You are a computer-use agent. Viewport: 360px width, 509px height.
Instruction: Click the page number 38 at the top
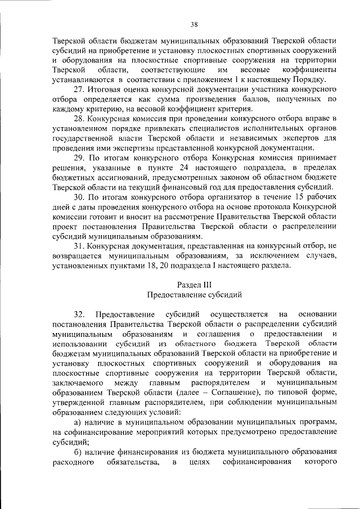point(193,24)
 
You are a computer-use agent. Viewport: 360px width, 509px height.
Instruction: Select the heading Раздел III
point(194,284)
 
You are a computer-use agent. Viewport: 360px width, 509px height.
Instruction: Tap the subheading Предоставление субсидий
point(194,294)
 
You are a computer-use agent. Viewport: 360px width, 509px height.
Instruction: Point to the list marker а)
point(79,421)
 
